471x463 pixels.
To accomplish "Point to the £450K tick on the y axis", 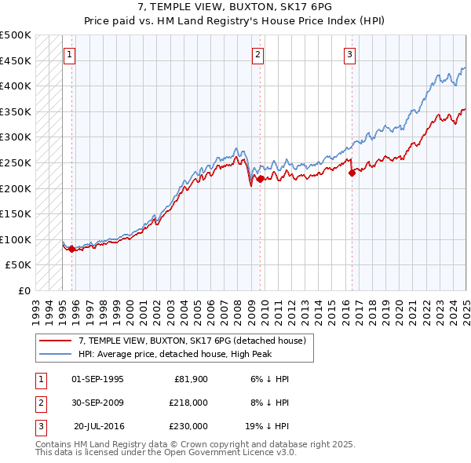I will pyautogui.click(x=16, y=60).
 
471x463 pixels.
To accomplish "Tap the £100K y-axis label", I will pyautogui.click(x=16, y=239).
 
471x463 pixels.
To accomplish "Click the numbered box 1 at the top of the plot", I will pyautogui.click(x=70, y=55).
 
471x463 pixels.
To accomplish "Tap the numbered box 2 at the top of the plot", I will pyautogui.click(x=258, y=55).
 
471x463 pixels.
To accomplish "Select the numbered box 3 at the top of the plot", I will pyautogui.click(x=349, y=55).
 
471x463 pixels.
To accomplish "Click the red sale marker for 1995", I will pyautogui.click(x=72, y=249).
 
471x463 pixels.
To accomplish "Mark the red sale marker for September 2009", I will pyautogui.click(x=260, y=179).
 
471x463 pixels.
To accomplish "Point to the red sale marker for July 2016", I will pyautogui.click(x=352, y=173).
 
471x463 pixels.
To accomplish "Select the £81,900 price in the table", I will pyautogui.click(x=190, y=379).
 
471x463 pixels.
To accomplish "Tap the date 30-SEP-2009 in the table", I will pyautogui.click(x=98, y=403).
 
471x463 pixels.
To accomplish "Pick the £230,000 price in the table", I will pyautogui.click(x=188, y=426).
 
